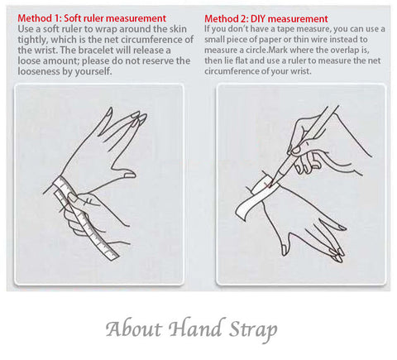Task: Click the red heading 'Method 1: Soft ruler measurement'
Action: (x=92, y=18)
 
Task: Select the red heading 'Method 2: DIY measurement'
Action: (x=266, y=19)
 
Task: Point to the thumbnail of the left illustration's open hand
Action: (x=129, y=175)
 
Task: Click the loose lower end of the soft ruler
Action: (x=112, y=256)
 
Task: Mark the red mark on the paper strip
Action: (x=266, y=184)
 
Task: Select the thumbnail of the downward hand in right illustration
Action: (x=285, y=250)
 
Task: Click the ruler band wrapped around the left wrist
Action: (x=64, y=185)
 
